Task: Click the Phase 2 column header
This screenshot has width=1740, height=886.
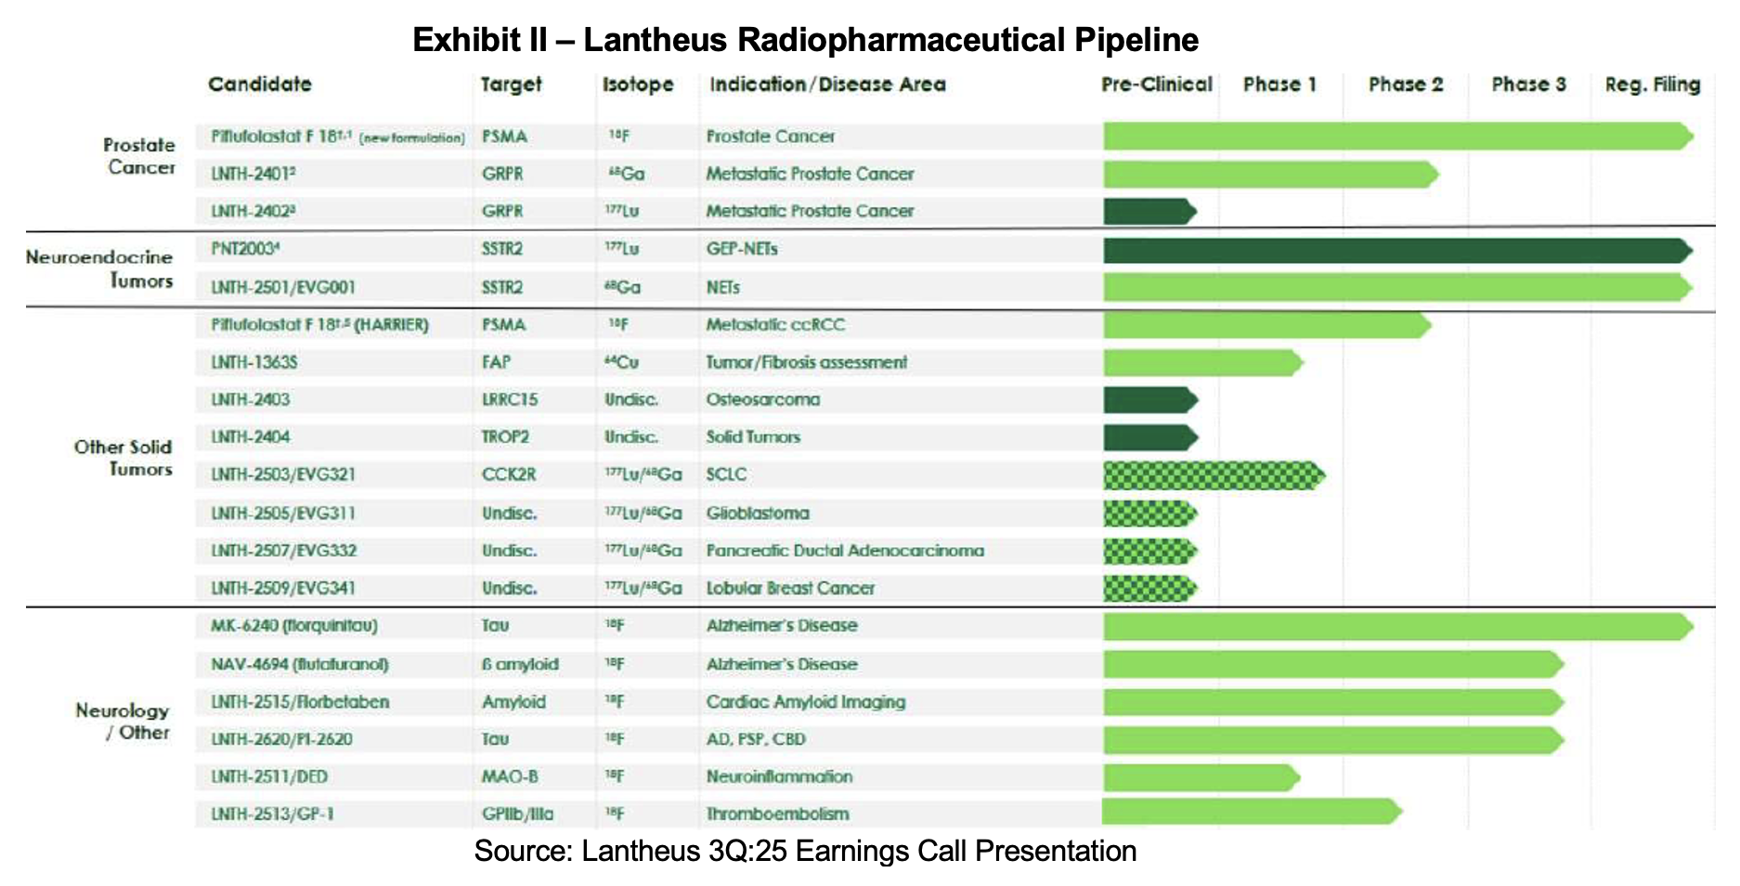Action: point(1405,85)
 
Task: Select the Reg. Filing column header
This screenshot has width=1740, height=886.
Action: point(1652,85)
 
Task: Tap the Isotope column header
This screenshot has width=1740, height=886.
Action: point(638,85)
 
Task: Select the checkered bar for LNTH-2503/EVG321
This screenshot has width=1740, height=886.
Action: point(1213,476)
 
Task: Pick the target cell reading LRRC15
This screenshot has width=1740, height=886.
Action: point(510,399)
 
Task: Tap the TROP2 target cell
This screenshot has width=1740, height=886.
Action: point(505,436)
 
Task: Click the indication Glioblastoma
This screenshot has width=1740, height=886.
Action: point(758,513)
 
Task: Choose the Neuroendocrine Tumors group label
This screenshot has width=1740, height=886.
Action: point(100,268)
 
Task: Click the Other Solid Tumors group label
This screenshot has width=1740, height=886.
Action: point(123,458)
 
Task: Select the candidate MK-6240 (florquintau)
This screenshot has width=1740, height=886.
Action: point(293,626)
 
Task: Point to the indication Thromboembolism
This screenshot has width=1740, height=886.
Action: point(777,814)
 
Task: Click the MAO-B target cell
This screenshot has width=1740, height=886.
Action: point(510,776)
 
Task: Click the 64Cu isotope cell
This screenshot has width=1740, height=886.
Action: point(621,362)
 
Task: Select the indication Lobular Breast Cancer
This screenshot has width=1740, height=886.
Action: point(790,588)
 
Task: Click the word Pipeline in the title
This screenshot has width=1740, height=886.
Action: point(1136,40)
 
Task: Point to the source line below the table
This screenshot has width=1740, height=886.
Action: point(805,851)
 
